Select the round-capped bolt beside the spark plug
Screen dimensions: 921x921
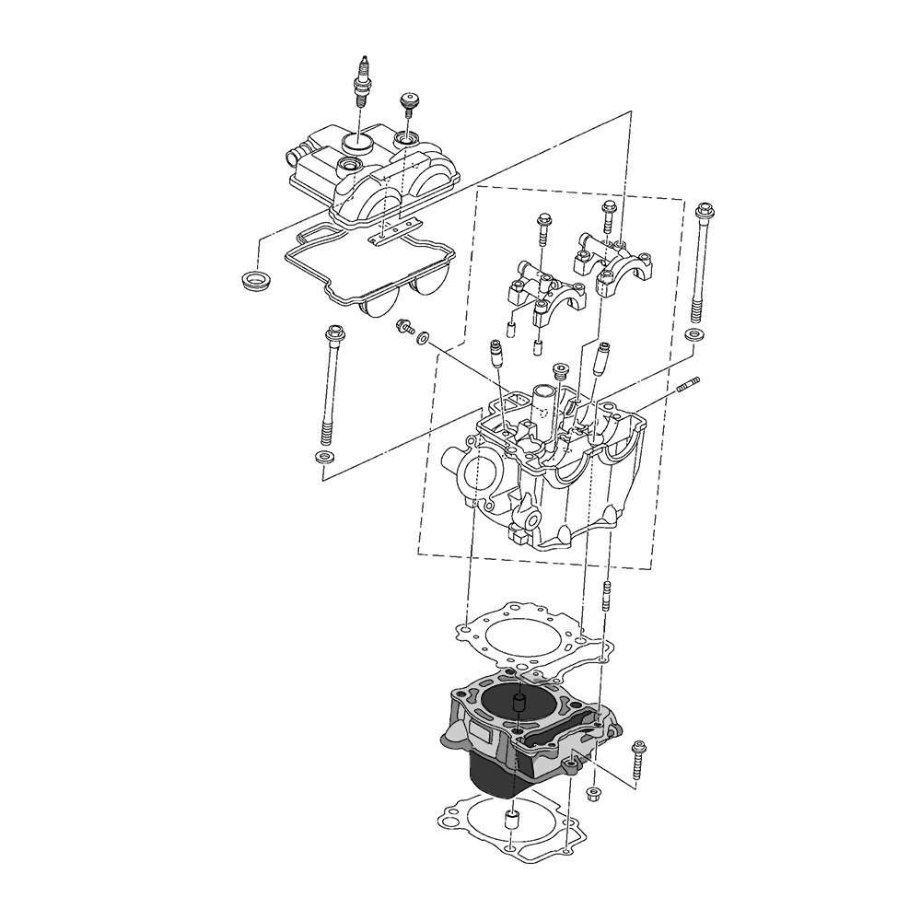tap(407, 102)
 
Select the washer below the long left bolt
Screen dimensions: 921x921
tap(323, 458)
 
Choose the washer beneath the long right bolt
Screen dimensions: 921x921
tap(696, 333)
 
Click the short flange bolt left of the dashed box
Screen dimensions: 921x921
tap(403, 327)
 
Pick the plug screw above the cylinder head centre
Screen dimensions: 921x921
tap(559, 371)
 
